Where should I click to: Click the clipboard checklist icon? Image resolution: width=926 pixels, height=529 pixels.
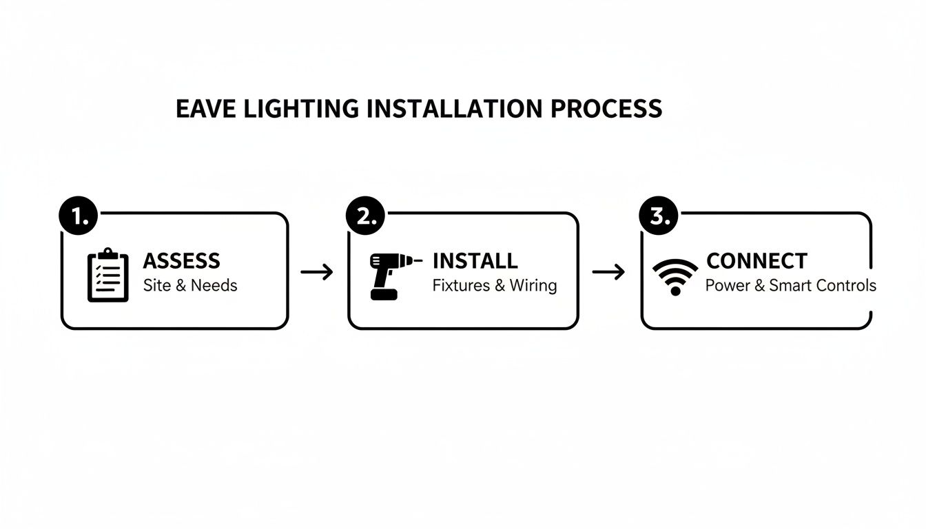108,276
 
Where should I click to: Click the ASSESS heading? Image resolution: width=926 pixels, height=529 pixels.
182,261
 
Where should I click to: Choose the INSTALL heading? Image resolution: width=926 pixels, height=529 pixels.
475,261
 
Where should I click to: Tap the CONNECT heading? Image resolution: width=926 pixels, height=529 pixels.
757,261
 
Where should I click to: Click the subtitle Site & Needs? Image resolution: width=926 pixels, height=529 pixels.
190,285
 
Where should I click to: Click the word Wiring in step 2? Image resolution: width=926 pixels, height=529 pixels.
533,285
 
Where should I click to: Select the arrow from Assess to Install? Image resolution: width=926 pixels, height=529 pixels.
317,272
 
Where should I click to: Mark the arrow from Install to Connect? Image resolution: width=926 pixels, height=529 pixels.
608,272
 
